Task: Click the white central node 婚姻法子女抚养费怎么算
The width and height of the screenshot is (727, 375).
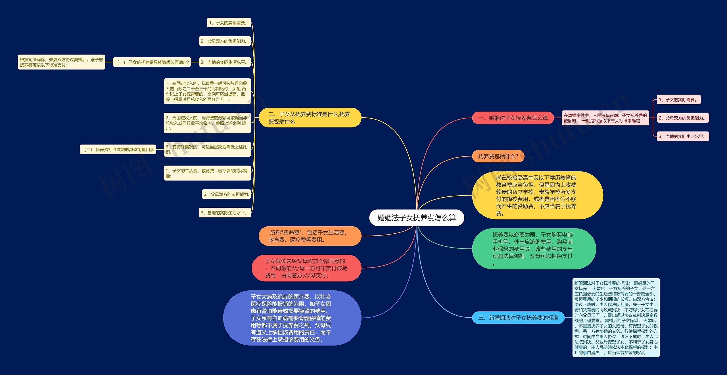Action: coord(416,218)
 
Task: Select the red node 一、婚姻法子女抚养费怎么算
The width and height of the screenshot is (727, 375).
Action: coord(513,118)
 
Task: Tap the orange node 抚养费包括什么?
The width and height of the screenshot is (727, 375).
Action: coord(498,156)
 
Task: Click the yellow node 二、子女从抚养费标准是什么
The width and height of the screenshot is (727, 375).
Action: coord(310,118)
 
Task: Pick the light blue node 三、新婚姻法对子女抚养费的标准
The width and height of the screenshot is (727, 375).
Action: coord(518,318)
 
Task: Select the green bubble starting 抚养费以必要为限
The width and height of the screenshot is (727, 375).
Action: coord(533,249)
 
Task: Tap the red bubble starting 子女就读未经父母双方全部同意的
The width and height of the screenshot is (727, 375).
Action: coord(306,268)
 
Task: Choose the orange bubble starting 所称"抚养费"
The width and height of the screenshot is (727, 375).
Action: coord(310,236)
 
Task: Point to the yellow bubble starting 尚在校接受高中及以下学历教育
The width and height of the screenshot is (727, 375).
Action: coord(537,195)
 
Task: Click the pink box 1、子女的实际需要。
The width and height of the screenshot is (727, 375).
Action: coord(678,100)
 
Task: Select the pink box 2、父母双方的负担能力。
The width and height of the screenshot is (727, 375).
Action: coord(683,118)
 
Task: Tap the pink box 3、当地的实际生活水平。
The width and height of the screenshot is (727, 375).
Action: coord(682,136)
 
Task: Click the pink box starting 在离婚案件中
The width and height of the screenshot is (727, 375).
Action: coord(605,118)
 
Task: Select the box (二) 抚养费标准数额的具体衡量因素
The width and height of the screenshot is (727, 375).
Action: coord(118,150)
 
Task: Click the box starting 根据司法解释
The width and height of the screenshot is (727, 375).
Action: coord(61,62)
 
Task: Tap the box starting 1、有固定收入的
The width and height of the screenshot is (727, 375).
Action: coord(207,91)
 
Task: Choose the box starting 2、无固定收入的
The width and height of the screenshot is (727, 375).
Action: coord(207,123)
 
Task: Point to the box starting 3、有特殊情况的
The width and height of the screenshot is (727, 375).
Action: coord(207,149)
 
